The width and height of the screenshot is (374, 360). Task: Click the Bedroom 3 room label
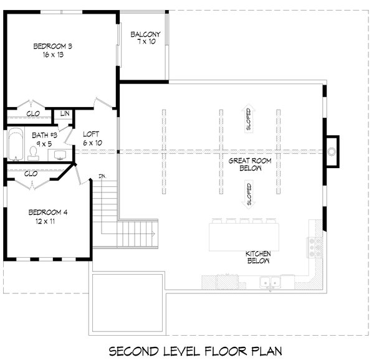coord(53,46)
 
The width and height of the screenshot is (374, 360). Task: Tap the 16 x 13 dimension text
coord(53,55)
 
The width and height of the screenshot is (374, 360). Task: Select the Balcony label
coord(145,34)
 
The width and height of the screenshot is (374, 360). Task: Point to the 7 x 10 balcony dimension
coord(146,42)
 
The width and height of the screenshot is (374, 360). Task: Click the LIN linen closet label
coord(65,113)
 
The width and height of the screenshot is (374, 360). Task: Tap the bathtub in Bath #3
coord(16,144)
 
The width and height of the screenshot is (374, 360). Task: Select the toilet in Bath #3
coord(33,153)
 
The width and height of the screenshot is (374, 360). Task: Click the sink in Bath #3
coord(60,155)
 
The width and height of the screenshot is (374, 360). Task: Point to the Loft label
coord(91,135)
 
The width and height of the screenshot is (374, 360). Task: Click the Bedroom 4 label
coord(48,212)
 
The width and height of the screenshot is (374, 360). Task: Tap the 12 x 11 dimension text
coord(46,221)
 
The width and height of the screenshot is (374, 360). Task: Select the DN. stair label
coord(102,176)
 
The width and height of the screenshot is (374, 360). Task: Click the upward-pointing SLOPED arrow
coord(249,118)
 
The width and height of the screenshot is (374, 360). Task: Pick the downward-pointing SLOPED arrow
coord(249,195)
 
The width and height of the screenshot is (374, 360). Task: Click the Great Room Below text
coord(250,164)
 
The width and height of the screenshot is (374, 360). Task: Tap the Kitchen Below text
coord(258,257)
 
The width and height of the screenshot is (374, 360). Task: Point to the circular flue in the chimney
coord(332,151)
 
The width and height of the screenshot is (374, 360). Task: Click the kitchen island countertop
coord(244,237)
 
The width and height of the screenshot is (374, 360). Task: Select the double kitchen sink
coord(271,282)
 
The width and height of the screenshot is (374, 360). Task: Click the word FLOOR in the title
coord(226,351)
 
